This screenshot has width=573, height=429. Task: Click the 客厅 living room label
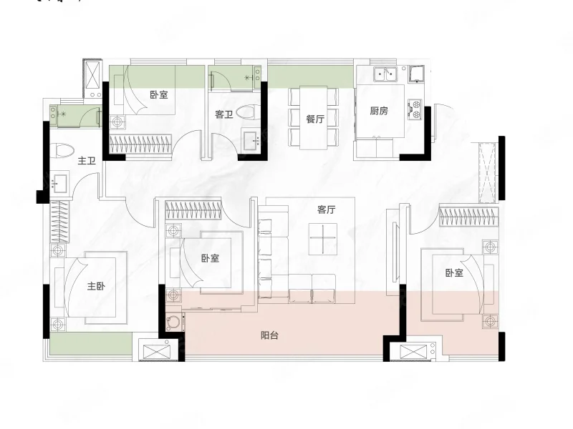[x=327, y=209]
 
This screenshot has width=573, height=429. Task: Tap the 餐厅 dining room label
[x=315, y=119]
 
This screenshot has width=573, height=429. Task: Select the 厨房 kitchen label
[x=379, y=111]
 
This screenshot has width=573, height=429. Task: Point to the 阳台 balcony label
[x=270, y=335]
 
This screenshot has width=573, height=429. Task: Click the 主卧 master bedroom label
[x=96, y=285]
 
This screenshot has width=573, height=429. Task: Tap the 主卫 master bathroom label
[x=87, y=160]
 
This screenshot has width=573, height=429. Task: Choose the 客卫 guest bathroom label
[x=224, y=114]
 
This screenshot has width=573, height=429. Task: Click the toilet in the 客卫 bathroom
[x=249, y=112]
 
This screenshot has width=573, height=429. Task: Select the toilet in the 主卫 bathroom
[x=62, y=150]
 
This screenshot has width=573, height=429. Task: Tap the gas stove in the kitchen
[x=415, y=110]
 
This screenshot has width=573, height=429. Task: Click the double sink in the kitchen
[x=385, y=74]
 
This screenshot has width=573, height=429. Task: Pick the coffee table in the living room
[x=323, y=239]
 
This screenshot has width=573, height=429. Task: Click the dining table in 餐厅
[x=314, y=118]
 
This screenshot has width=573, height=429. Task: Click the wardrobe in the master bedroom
[x=59, y=222]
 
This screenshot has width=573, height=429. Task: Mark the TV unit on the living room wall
[x=395, y=252]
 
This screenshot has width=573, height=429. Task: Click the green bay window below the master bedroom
[x=91, y=343]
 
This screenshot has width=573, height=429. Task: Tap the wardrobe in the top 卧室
[x=140, y=144]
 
